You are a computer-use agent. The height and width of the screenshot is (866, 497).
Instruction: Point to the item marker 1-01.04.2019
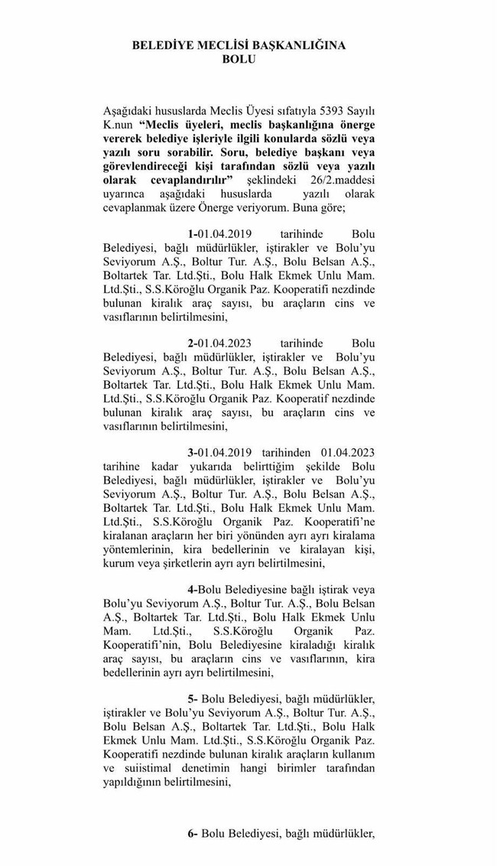pos(219,233)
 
